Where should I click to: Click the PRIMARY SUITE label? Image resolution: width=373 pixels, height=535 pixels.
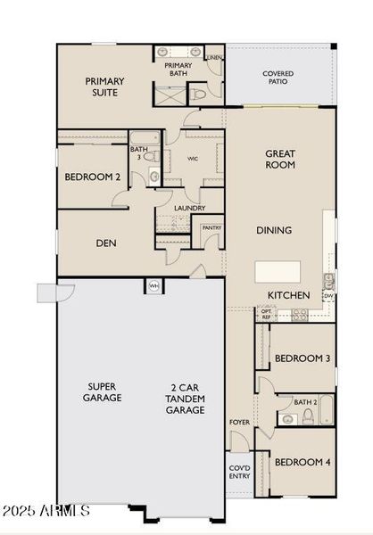(104, 86)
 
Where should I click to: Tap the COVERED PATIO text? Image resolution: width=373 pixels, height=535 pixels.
(278, 78)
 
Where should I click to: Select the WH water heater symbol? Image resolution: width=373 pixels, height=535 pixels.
(153, 286)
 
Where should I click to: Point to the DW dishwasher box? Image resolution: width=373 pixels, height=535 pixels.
(329, 295)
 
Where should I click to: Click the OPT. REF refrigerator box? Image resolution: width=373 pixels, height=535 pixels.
(265, 314)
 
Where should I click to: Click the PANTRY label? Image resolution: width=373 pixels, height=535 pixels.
(211, 228)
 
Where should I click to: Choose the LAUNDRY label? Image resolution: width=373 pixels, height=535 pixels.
(189, 209)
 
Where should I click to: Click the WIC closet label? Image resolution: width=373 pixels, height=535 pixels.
(192, 160)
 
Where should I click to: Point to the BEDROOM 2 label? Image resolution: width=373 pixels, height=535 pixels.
(92, 177)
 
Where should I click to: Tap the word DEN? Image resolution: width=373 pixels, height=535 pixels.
(106, 243)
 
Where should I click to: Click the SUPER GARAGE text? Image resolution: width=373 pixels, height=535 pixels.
(104, 392)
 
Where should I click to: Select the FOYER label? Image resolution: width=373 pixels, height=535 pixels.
(239, 422)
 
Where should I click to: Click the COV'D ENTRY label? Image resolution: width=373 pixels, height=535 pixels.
(239, 473)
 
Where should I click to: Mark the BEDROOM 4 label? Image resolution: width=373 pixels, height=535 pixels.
(302, 462)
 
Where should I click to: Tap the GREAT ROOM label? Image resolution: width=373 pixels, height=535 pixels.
(280, 160)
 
